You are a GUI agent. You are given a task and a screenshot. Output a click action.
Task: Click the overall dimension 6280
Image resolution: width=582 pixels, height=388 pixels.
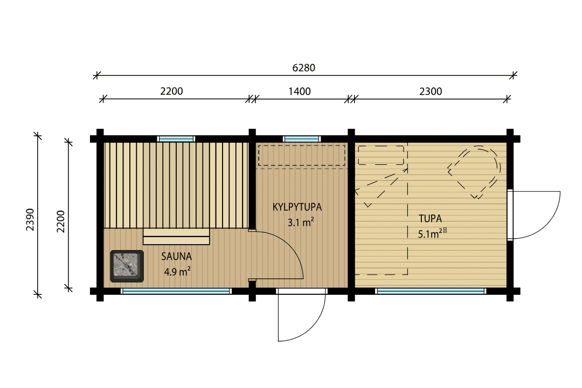pyautogui.click(x=303, y=67)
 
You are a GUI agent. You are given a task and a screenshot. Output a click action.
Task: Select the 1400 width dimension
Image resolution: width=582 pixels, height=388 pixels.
pyautogui.click(x=299, y=91)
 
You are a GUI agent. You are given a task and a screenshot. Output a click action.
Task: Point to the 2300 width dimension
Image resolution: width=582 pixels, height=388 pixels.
pyautogui.click(x=431, y=91)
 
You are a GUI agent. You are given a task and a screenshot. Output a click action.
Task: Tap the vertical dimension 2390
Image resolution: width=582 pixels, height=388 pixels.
pyautogui.click(x=30, y=219)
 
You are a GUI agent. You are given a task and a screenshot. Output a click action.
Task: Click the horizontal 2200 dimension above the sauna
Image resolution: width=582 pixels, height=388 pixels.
pyautogui.click(x=171, y=91)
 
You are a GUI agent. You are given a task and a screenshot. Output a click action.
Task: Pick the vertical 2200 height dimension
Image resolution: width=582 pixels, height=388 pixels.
pyautogui.click(x=60, y=221)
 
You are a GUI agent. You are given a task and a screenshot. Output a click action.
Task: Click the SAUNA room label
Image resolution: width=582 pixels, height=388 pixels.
pyautogui.click(x=176, y=256)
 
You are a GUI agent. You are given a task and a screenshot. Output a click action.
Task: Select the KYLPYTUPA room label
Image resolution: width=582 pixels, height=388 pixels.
pyautogui.click(x=297, y=207)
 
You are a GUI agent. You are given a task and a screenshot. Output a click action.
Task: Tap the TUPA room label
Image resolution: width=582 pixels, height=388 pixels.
pyautogui.click(x=430, y=218)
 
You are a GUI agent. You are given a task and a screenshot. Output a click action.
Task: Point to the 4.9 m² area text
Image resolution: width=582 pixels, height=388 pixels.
pyautogui.click(x=177, y=272)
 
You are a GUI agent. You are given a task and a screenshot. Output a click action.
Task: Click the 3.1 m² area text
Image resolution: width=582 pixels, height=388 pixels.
pyautogui.click(x=301, y=222)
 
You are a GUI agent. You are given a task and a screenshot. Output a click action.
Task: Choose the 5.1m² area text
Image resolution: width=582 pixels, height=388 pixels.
pyautogui.click(x=431, y=233)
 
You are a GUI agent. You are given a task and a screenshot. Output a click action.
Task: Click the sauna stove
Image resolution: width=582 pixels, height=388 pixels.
pyautogui.click(x=127, y=266)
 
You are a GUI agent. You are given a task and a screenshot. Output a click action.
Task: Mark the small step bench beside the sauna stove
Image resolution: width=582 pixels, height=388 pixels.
pyautogui.click(x=176, y=237)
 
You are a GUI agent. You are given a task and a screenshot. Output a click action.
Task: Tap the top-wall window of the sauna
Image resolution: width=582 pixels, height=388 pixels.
pyautogui.click(x=176, y=139)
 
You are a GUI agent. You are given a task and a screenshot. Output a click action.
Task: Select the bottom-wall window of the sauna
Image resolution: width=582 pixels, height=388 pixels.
pyautogui.click(x=176, y=292)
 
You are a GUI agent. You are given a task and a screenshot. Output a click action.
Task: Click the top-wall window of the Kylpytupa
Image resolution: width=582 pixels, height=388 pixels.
pyautogui.click(x=302, y=139)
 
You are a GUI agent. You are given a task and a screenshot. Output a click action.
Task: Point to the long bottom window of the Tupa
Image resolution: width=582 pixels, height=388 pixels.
pyautogui.click(x=431, y=292)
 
